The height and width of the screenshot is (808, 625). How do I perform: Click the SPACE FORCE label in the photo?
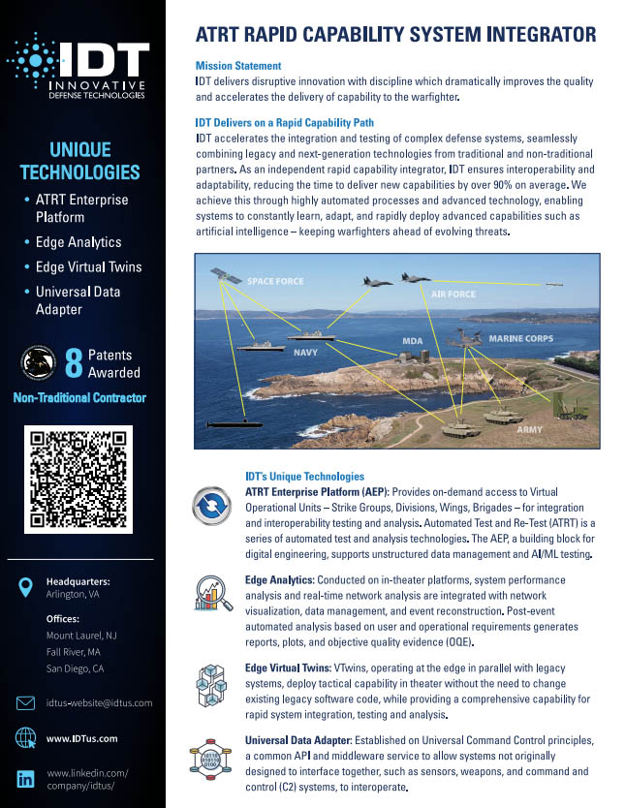pos(274,282)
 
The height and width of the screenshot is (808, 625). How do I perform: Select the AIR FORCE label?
pos(453,294)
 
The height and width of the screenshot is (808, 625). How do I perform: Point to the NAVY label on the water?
pos(305,354)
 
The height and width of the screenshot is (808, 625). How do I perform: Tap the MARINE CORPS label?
pos(520,339)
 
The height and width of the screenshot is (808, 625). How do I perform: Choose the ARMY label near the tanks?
pos(529,429)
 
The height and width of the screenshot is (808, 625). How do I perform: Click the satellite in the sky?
pos(229,276)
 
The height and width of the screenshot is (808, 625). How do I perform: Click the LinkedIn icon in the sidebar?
pos(26,779)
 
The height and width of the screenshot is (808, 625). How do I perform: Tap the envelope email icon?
pos(26,702)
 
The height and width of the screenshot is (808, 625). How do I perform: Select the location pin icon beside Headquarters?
pos(26,587)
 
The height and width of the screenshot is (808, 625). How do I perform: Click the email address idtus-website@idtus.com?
pos(99,702)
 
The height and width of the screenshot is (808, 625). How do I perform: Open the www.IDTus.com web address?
pos(81,739)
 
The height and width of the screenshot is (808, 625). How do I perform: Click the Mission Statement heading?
pos(238,66)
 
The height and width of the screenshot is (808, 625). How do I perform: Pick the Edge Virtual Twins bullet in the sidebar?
pos(87,266)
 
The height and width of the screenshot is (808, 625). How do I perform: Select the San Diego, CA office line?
pos(75,668)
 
